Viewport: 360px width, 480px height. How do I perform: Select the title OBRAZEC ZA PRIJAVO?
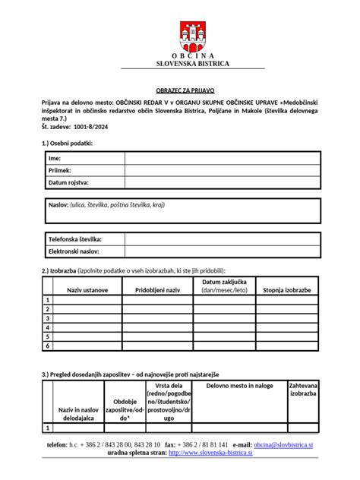pos(180,89)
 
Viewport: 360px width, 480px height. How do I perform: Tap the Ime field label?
pos(55,158)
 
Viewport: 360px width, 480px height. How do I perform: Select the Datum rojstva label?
pos(69,183)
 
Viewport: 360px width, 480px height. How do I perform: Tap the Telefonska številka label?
pos(75,238)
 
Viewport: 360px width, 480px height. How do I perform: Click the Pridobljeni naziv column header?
pos(157,290)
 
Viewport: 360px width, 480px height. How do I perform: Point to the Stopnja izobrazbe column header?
pos(286,290)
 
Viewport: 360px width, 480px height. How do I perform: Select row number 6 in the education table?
pos(48,346)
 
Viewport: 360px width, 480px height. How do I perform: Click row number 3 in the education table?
pos(48,318)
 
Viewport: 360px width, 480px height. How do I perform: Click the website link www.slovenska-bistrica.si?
pos(210,453)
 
